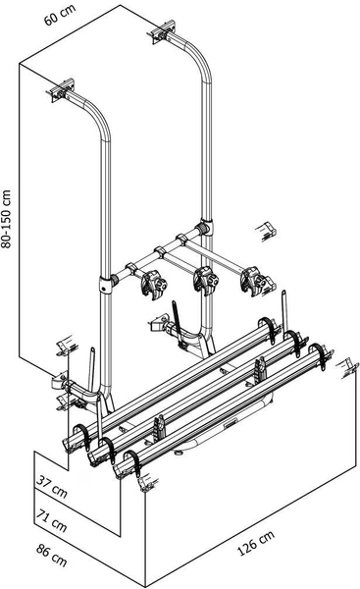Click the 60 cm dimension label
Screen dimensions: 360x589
click(x=60, y=16)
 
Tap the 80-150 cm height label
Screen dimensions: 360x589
click(x=7, y=219)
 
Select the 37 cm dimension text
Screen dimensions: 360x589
click(x=52, y=487)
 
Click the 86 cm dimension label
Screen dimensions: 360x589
click(x=52, y=555)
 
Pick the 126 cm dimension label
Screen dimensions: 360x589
click(x=256, y=542)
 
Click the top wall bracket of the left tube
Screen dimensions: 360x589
click(x=60, y=90)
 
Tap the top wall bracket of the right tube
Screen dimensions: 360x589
click(x=162, y=31)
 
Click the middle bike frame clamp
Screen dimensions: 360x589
click(x=206, y=281)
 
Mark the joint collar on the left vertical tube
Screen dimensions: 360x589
click(x=106, y=285)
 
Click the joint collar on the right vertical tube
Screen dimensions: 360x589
click(x=206, y=228)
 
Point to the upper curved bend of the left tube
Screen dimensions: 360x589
click(x=98, y=117)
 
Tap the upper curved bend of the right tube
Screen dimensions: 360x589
click(x=200, y=59)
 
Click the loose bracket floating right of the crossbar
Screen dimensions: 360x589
click(x=266, y=230)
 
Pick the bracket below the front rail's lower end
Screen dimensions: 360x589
click(x=147, y=484)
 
